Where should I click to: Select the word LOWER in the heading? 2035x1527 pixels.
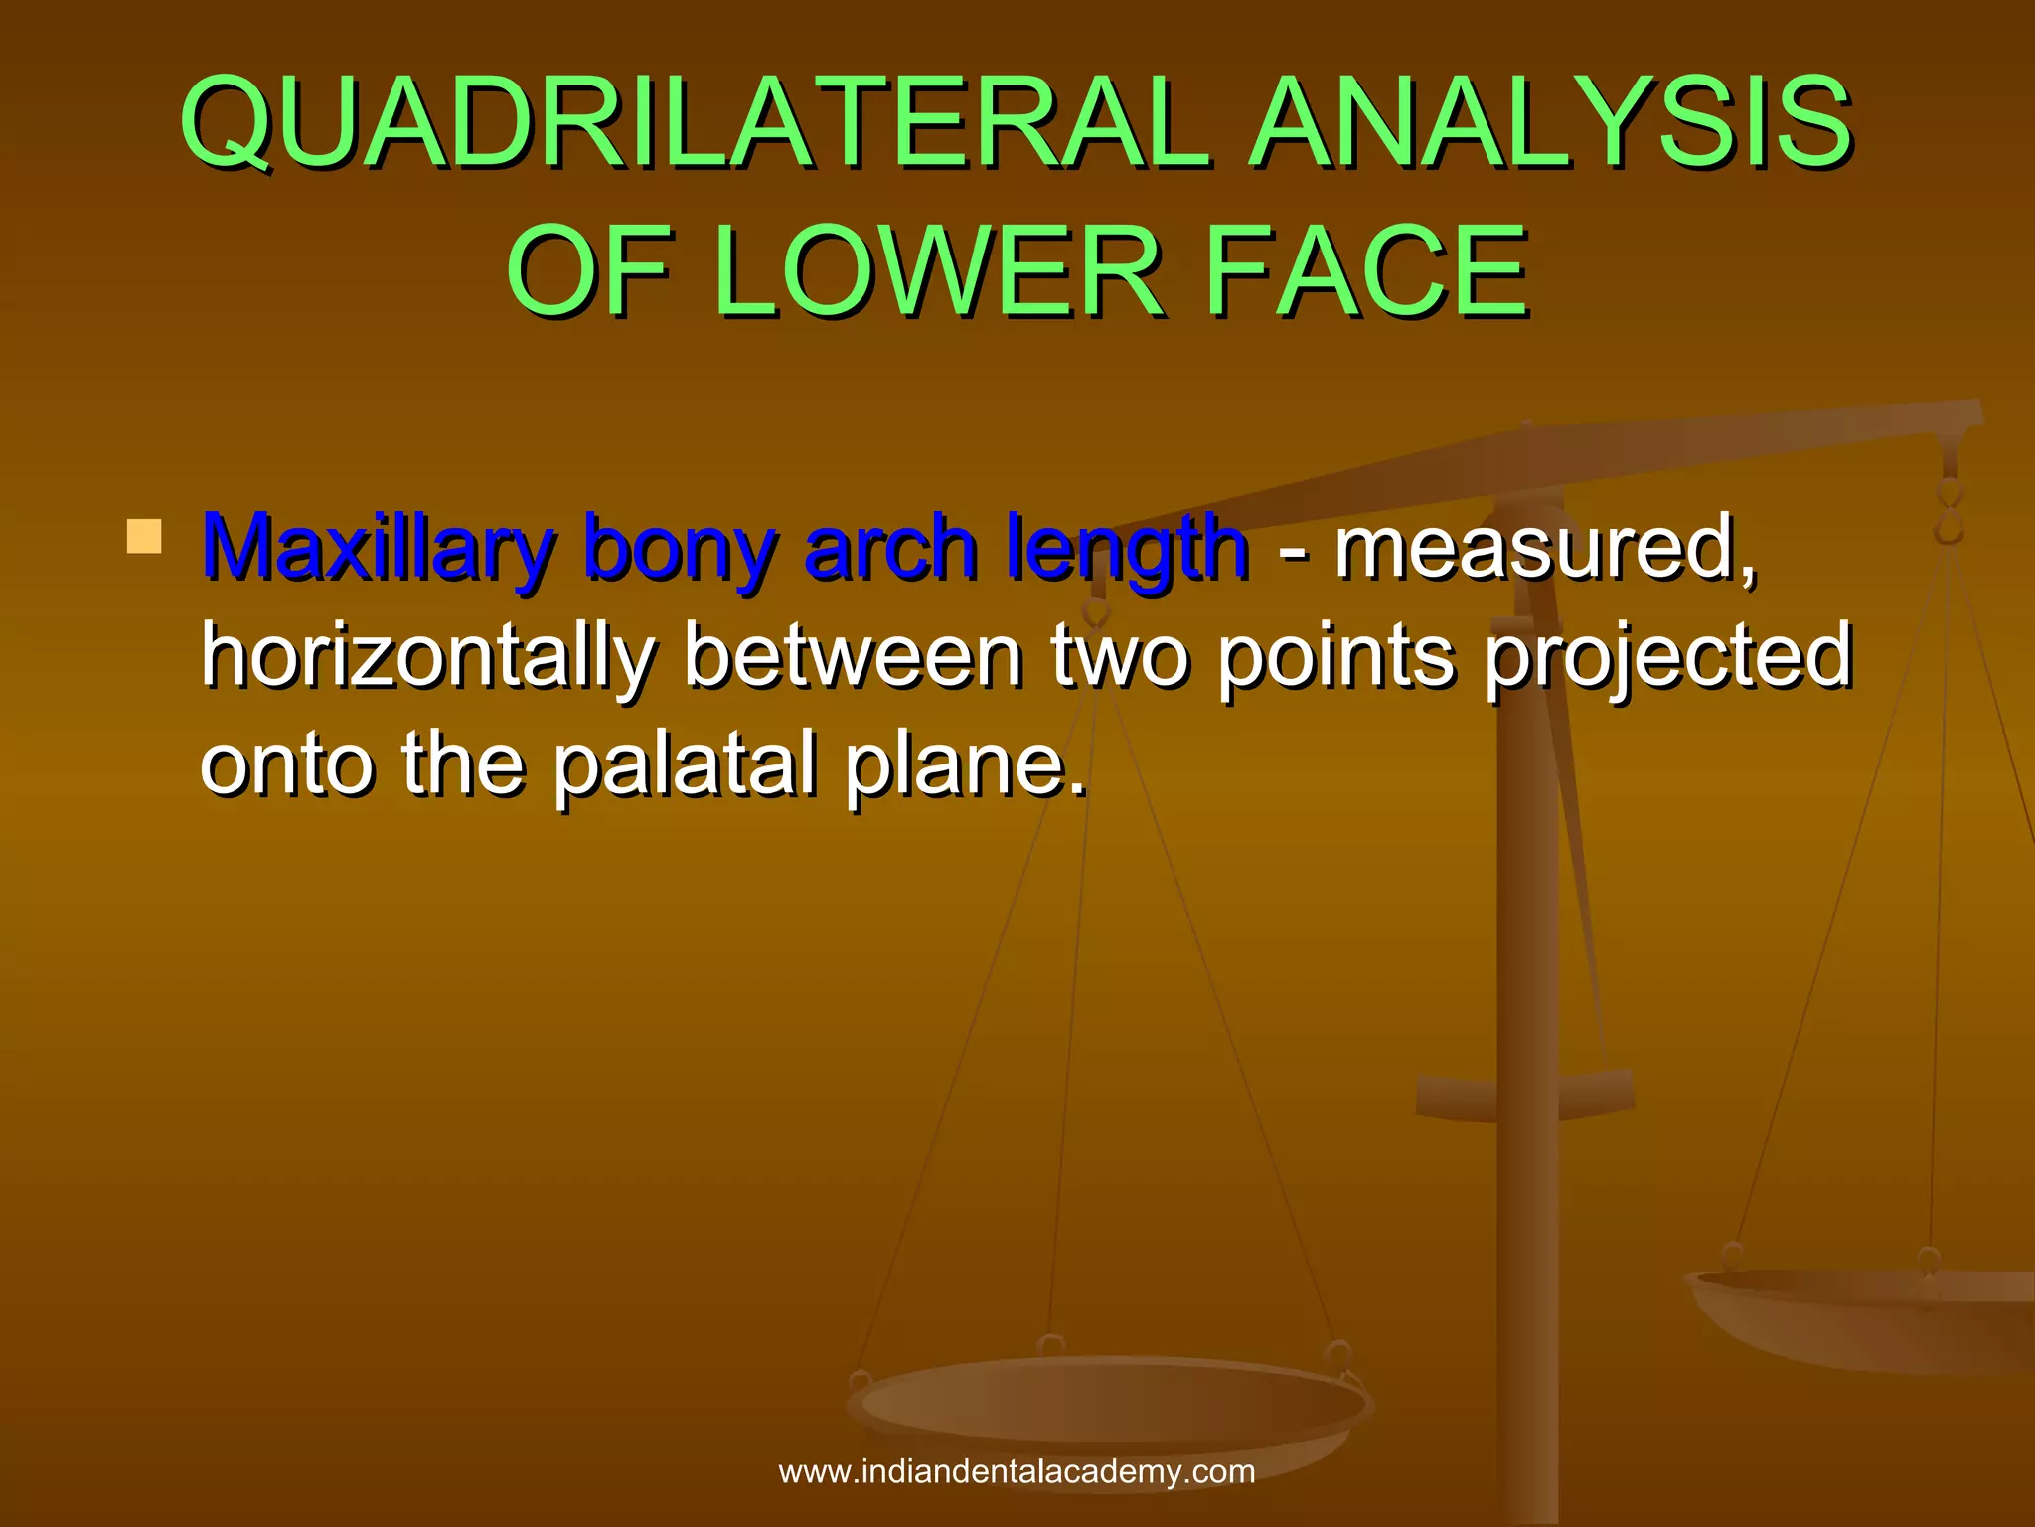936,271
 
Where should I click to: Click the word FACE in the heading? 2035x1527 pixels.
1366,271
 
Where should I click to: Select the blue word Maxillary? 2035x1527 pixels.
378,548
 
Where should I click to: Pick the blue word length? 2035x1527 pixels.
1127,548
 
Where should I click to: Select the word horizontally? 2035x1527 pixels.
428,657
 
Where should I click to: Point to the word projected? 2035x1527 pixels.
1669,657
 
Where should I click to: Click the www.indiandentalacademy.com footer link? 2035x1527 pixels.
1017,1471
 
